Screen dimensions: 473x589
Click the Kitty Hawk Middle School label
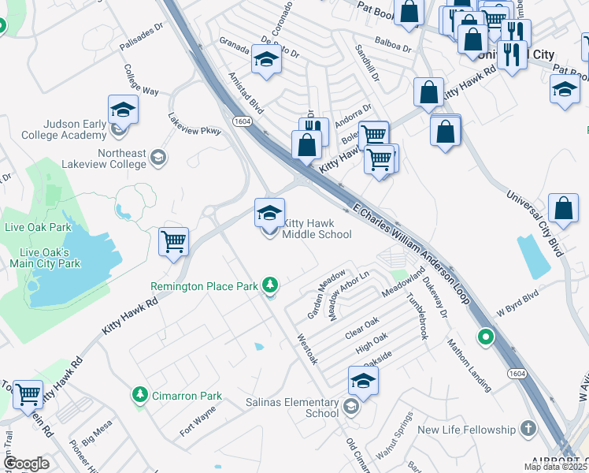coord(317,229)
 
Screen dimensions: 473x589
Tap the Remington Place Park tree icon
coord(271,285)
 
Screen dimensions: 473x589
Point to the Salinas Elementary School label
coord(300,408)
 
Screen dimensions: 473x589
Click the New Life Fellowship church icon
coord(528,430)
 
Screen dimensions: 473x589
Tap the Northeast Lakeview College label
coord(122,158)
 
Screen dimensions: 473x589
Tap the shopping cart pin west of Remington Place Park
coord(173,242)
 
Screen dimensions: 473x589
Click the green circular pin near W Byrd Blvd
coord(486,338)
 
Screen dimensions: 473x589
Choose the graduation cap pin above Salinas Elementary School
coord(363,381)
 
